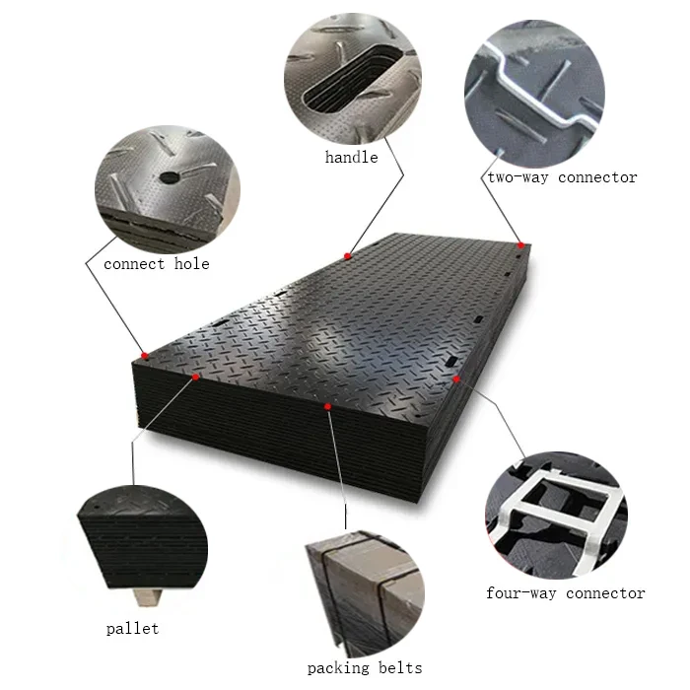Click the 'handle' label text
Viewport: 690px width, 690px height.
[x=352, y=157]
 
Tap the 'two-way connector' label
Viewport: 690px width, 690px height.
[x=562, y=177]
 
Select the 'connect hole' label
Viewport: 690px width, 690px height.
[x=157, y=264]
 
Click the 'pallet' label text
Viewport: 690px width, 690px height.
[x=132, y=629]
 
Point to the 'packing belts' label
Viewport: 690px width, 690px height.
[x=365, y=668]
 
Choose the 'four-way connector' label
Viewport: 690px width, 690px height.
[x=566, y=593]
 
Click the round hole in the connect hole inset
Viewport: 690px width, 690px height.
[x=170, y=177]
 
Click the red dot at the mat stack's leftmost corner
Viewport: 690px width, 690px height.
[x=144, y=356]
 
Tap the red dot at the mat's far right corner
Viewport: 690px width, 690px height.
[x=519, y=244]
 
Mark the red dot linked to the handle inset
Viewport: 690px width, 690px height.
[x=348, y=256]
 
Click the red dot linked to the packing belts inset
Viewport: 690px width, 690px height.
[x=327, y=405]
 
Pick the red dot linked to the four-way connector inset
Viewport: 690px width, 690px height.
[x=456, y=378]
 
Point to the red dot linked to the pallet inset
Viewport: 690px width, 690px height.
[x=196, y=377]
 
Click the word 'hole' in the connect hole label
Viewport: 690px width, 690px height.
[x=191, y=264]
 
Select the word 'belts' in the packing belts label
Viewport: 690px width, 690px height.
[x=399, y=668]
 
